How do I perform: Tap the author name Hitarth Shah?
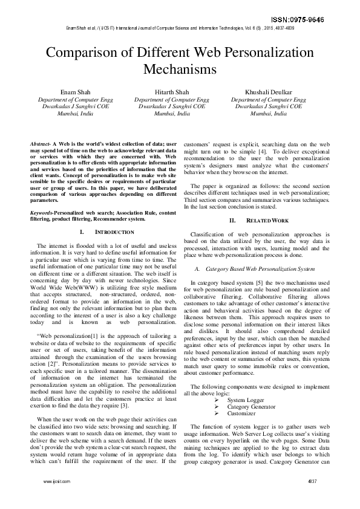[171, 92]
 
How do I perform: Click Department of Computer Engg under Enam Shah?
[75, 99]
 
